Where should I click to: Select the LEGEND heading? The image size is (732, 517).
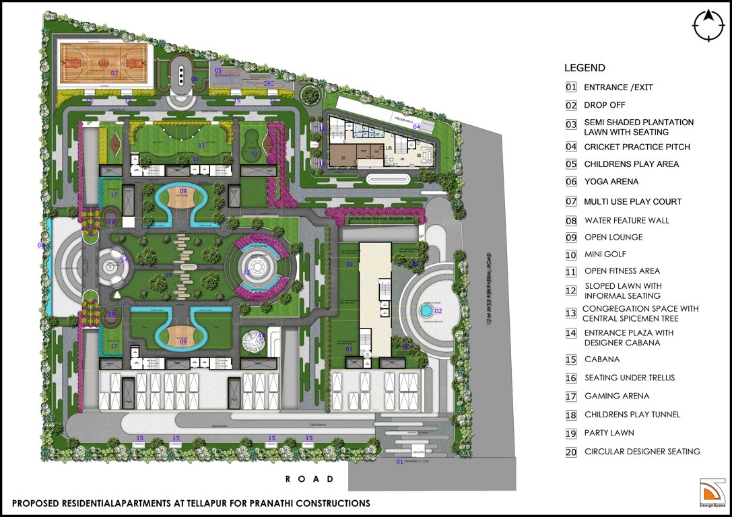pos(585,68)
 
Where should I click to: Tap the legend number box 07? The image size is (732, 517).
pos(571,201)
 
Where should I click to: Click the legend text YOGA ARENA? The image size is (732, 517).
pos(611,182)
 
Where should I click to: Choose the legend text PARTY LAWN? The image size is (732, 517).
pos(609,433)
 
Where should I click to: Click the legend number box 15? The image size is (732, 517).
pos(571,360)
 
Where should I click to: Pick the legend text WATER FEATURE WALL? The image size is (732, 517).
pos(627,220)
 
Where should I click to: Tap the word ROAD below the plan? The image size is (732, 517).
pos(309,479)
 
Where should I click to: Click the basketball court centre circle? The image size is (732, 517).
pos(104,63)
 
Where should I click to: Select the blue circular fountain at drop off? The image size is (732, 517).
pos(425,312)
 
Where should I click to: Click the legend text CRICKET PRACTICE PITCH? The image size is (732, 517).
pos(637,147)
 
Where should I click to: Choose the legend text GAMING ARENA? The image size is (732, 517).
pos(617,397)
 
